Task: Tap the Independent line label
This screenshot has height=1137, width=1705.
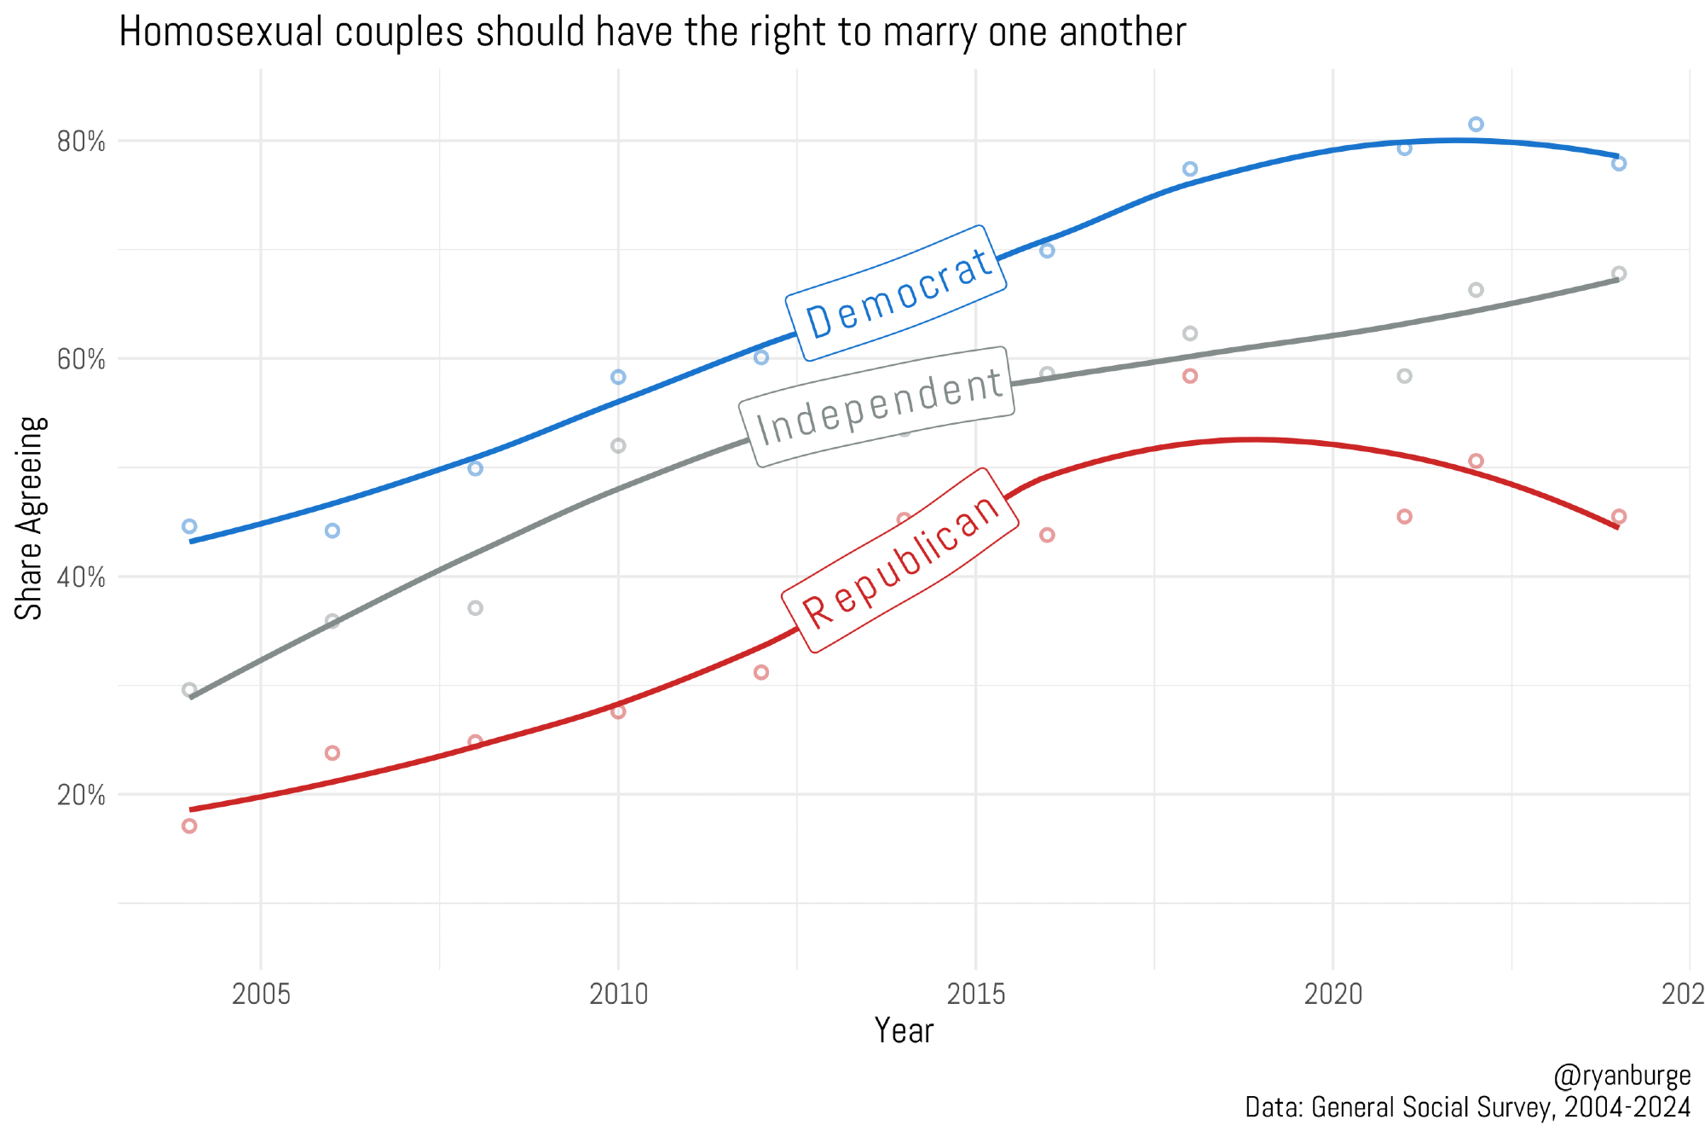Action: [877, 407]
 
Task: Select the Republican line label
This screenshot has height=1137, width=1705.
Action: [900, 560]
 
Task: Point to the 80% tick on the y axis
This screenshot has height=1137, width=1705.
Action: [81, 142]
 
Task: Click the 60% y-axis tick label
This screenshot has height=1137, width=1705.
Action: [81, 360]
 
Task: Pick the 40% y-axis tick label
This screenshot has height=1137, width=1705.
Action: [81, 577]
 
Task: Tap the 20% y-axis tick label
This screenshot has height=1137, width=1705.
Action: [81, 796]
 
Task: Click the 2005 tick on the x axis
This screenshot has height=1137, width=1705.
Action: [261, 994]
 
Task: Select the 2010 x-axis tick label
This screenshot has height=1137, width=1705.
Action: [618, 994]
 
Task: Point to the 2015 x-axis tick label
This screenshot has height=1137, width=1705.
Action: [975, 994]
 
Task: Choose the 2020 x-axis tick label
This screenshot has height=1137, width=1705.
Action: [1333, 994]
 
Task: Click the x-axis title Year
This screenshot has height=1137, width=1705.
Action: [904, 1031]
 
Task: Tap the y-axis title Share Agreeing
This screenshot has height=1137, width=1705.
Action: [31, 518]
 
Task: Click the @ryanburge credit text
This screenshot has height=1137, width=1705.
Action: [1621, 1076]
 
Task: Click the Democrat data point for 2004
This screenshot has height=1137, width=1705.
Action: [189, 526]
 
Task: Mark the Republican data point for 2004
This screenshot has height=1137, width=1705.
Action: [189, 826]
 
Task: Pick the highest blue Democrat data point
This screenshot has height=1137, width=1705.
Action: [1476, 125]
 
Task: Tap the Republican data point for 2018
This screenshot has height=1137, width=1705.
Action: [1190, 376]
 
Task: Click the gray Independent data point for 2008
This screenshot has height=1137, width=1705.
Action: [476, 608]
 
